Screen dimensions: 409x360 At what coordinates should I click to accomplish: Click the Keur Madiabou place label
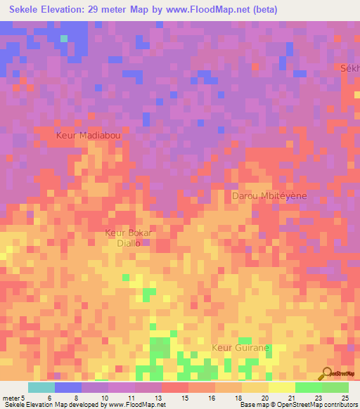tap(88, 134)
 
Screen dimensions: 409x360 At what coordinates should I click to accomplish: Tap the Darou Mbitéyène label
tap(269, 196)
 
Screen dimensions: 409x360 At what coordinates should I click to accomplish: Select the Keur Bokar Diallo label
tap(129, 238)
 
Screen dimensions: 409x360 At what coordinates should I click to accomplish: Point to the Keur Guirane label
tap(240, 347)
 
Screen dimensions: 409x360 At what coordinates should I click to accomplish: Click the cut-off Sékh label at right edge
tap(349, 68)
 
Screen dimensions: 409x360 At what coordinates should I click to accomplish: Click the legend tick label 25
tap(345, 398)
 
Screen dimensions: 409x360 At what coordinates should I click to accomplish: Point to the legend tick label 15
tap(184, 398)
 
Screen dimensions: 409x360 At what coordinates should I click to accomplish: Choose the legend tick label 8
tap(76, 398)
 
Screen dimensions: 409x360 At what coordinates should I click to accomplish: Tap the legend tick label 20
tap(264, 398)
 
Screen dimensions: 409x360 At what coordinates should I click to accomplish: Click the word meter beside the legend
tap(12, 398)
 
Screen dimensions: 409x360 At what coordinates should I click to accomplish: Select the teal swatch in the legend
tap(41, 387)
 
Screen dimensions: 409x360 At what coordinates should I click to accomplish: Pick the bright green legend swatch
tap(308, 387)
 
